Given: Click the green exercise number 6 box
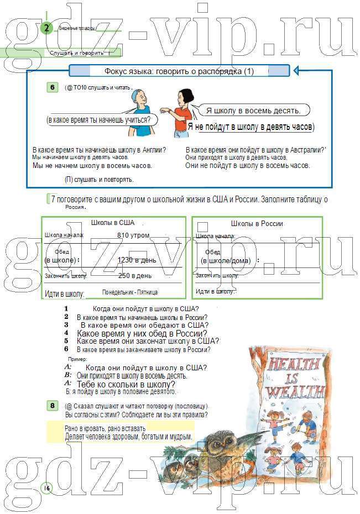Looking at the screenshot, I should tap(53, 87).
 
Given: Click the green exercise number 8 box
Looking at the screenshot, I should tap(52, 406).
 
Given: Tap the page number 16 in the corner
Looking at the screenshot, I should tap(46, 487).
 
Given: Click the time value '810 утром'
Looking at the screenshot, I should tap(133, 235).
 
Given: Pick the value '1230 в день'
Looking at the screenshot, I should tap(137, 260).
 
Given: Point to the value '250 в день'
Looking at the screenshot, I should tap(134, 275).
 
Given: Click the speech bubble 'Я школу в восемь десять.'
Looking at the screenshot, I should tap(253, 111).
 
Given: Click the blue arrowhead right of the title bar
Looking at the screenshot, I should tap(296, 71).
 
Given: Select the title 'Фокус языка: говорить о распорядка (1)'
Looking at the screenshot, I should tap(179, 71).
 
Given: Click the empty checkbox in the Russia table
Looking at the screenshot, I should tap(202, 226).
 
